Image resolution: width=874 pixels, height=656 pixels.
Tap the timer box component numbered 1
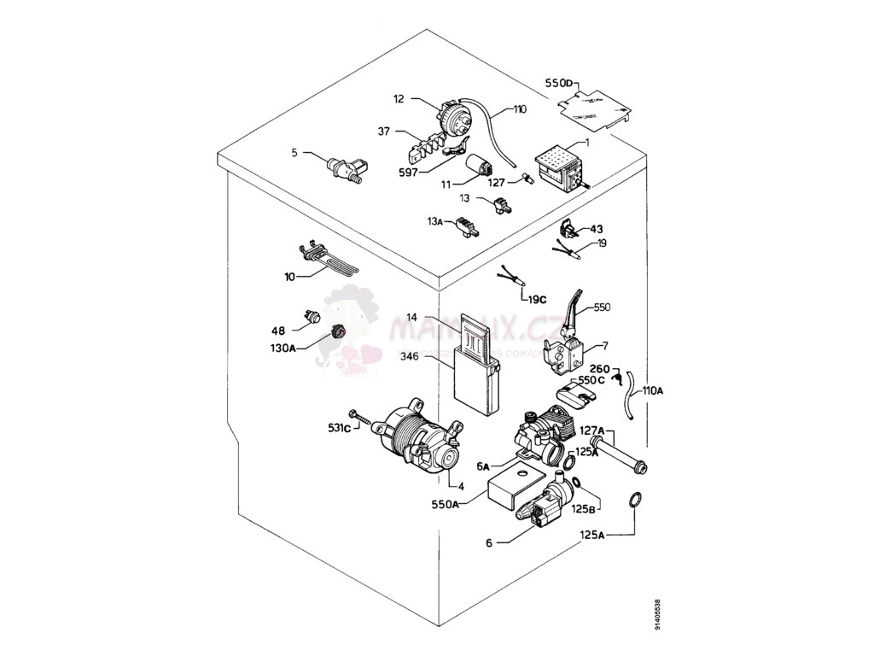coord(558,167)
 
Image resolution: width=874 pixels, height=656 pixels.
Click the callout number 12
coord(399,100)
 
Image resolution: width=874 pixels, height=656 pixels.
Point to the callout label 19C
coord(536,299)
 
